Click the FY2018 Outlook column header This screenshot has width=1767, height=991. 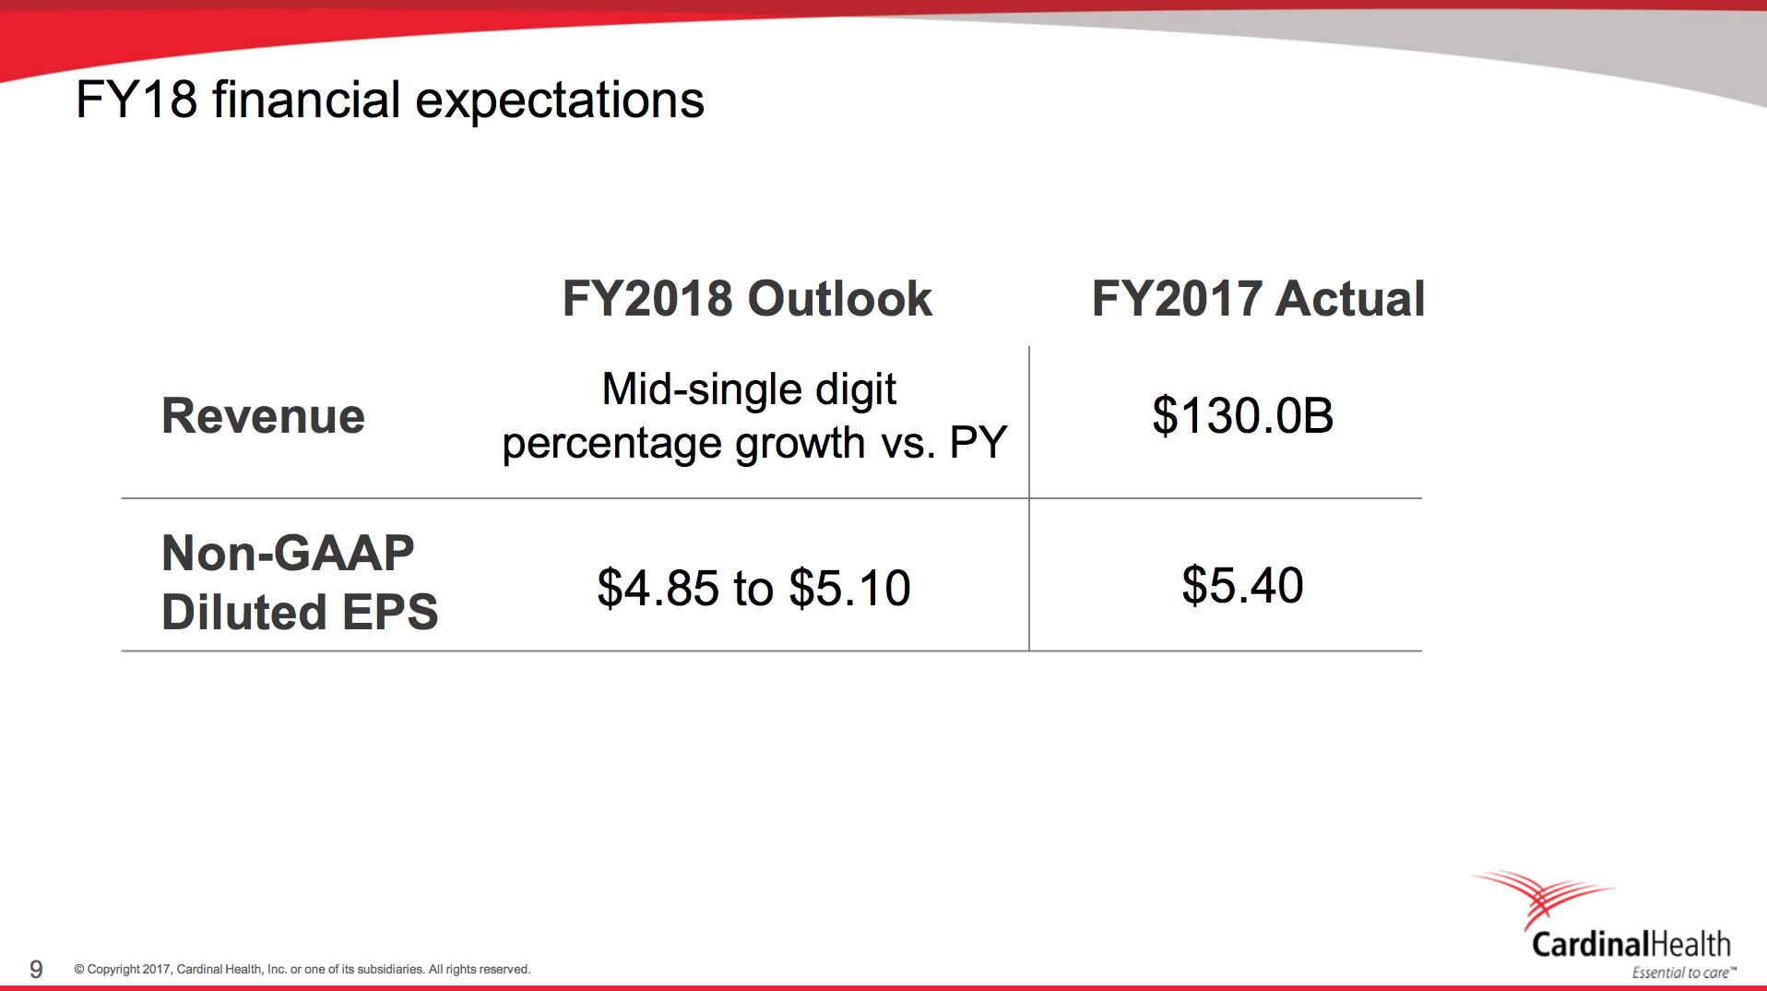[x=747, y=299]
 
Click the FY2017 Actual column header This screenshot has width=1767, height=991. [x=1258, y=299]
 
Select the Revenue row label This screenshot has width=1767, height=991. [x=263, y=416]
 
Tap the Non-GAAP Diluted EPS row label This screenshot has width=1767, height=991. [x=299, y=582]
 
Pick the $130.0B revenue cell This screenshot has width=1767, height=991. [x=1242, y=416]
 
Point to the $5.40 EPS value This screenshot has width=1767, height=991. [x=1242, y=586]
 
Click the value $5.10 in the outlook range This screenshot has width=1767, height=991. [x=850, y=589]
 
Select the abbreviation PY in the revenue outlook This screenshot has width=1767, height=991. [x=978, y=443]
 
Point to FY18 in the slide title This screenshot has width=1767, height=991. [x=136, y=100]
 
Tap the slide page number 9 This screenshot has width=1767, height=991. [x=36, y=969]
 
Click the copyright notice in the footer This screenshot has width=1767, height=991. [x=302, y=969]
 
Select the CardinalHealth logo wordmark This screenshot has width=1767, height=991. [x=1631, y=944]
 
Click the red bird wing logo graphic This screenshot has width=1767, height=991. [x=1542, y=895]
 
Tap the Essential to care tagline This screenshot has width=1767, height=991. [x=1681, y=973]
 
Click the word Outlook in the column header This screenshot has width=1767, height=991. [x=839, y=299]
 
